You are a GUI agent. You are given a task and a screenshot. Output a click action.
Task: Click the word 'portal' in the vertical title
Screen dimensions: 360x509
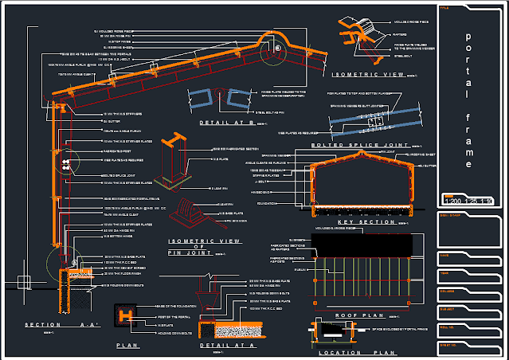(468, 65)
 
